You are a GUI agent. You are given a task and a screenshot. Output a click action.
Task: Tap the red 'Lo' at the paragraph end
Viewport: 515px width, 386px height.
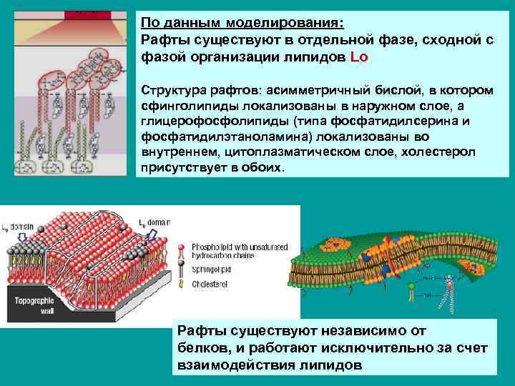tap(360, 57)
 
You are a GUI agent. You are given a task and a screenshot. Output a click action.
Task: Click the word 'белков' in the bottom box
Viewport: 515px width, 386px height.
tap(199, 347)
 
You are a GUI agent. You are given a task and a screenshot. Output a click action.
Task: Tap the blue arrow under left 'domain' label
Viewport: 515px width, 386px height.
tap(22, 237)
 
